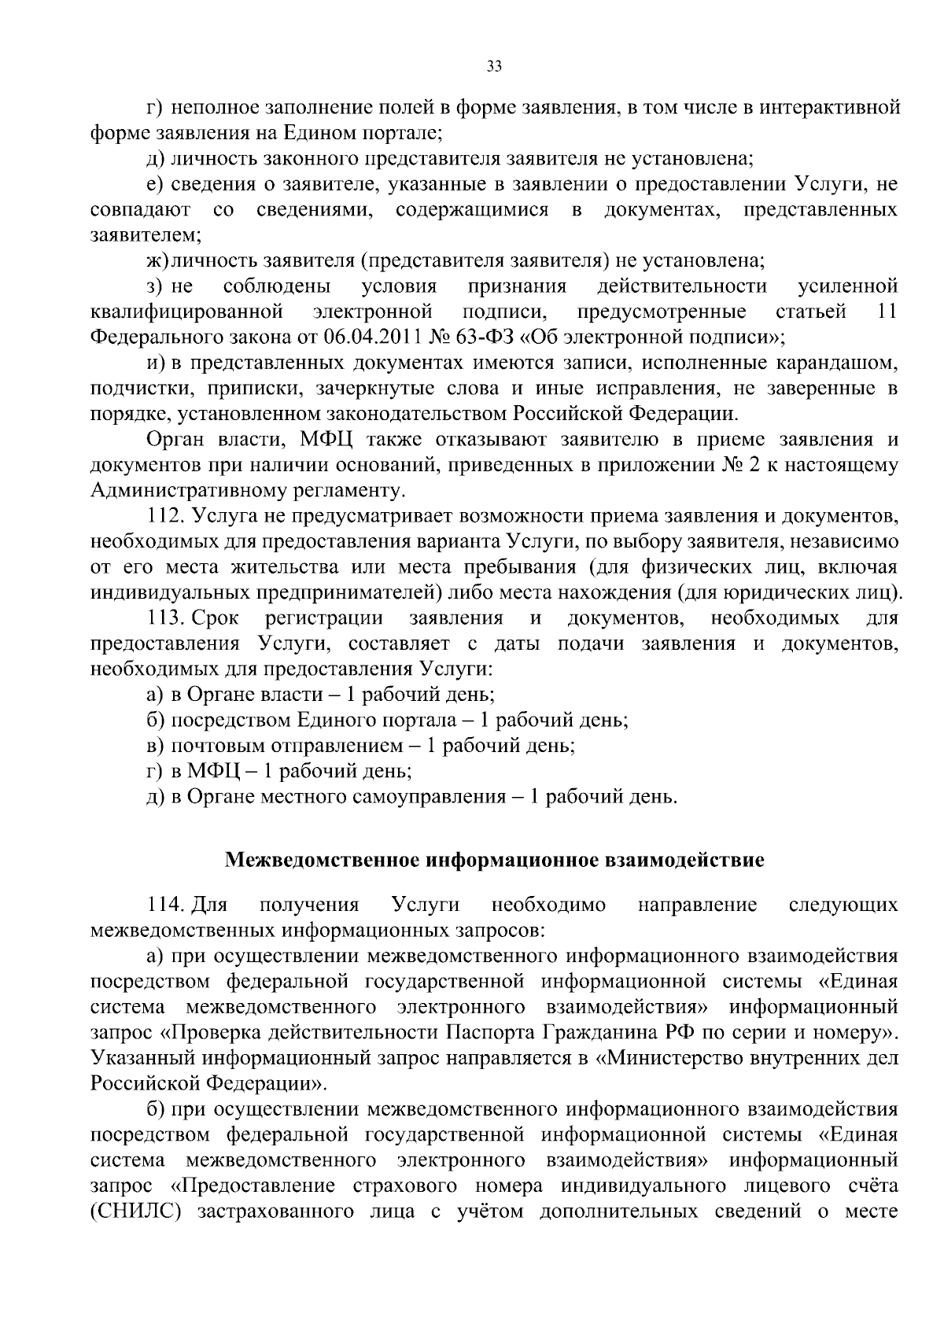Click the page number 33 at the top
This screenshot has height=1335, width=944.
pyautogui.click(x=494, y=67)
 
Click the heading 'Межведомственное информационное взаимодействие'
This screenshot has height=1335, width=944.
pyautogui.click(x=494, y=860)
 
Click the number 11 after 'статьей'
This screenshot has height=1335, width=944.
pyautogui.click(x=887, y=312)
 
